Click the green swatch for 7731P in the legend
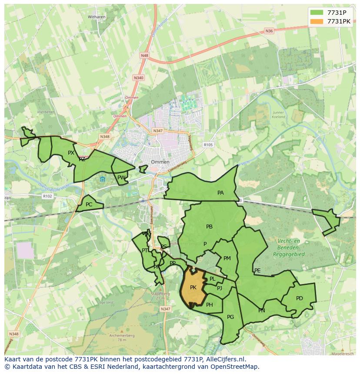317,12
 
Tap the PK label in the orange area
193,288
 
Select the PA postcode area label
220,192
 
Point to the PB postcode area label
209,226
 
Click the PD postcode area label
299,298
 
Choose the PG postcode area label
230,317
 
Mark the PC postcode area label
89,204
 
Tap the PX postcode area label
71,152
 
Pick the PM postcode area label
227,258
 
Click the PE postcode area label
257,270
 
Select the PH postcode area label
210,304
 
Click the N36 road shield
269,31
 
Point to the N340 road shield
138,78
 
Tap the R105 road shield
208,145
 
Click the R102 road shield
47,196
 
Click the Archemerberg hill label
122,335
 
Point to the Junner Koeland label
278,115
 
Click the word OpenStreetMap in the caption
237,366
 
